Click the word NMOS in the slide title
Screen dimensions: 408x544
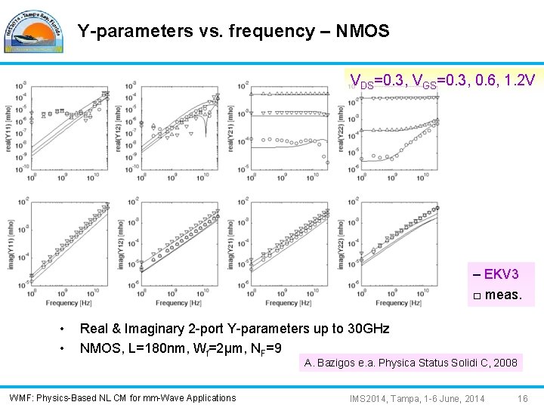pyautogui.click(x=365, y=31)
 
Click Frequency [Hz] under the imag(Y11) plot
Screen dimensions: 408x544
pyautogui.click(x=62, y=303)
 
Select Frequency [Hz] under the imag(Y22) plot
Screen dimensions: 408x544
pyautogui.click(x=392, y=303)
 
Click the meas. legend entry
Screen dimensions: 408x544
pyautogui.click(x=496, y=294)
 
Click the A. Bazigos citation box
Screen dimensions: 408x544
pyautogui.click(x=411, y=363)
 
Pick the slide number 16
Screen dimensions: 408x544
pyautogui.click(x=522, y=398)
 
